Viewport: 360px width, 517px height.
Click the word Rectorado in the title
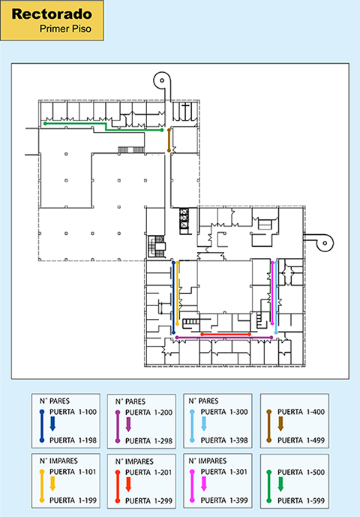point(52,14)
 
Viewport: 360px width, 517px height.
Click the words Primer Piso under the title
point(65,29)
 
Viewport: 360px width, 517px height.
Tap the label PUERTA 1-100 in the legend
point(73,412)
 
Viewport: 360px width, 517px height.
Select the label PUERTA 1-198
point(73,440)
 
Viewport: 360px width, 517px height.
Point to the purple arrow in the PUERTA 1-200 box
point(128,425)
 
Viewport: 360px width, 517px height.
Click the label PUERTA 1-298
point(148,440)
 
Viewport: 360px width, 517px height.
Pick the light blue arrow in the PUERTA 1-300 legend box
point(204,424)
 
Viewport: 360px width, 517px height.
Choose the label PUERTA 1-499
point(301,440)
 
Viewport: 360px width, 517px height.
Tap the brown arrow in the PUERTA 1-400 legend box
point(280,424)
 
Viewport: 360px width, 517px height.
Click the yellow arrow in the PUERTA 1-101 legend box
point(52,484)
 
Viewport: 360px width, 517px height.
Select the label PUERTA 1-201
point(148,473)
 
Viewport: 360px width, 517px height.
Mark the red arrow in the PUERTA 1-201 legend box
point(128,484)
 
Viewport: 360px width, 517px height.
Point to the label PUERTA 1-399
point(224,500)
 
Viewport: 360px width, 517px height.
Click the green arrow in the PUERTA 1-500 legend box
point(280,484)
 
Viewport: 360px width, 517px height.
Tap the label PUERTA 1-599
point(301,500)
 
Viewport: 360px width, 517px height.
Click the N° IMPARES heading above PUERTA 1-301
point(207,461)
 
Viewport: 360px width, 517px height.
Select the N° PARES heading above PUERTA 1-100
point(55,401)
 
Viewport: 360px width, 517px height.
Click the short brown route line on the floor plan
point(169,140)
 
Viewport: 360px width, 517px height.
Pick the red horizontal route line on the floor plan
point(226,335)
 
